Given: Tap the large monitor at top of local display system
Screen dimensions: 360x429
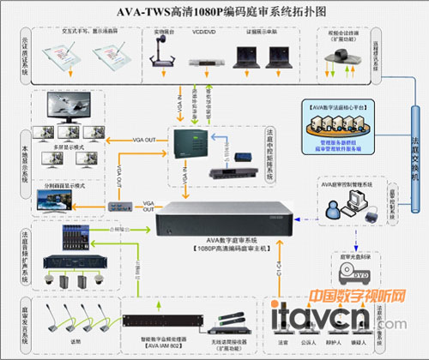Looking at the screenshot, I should (x=57, y=106).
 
